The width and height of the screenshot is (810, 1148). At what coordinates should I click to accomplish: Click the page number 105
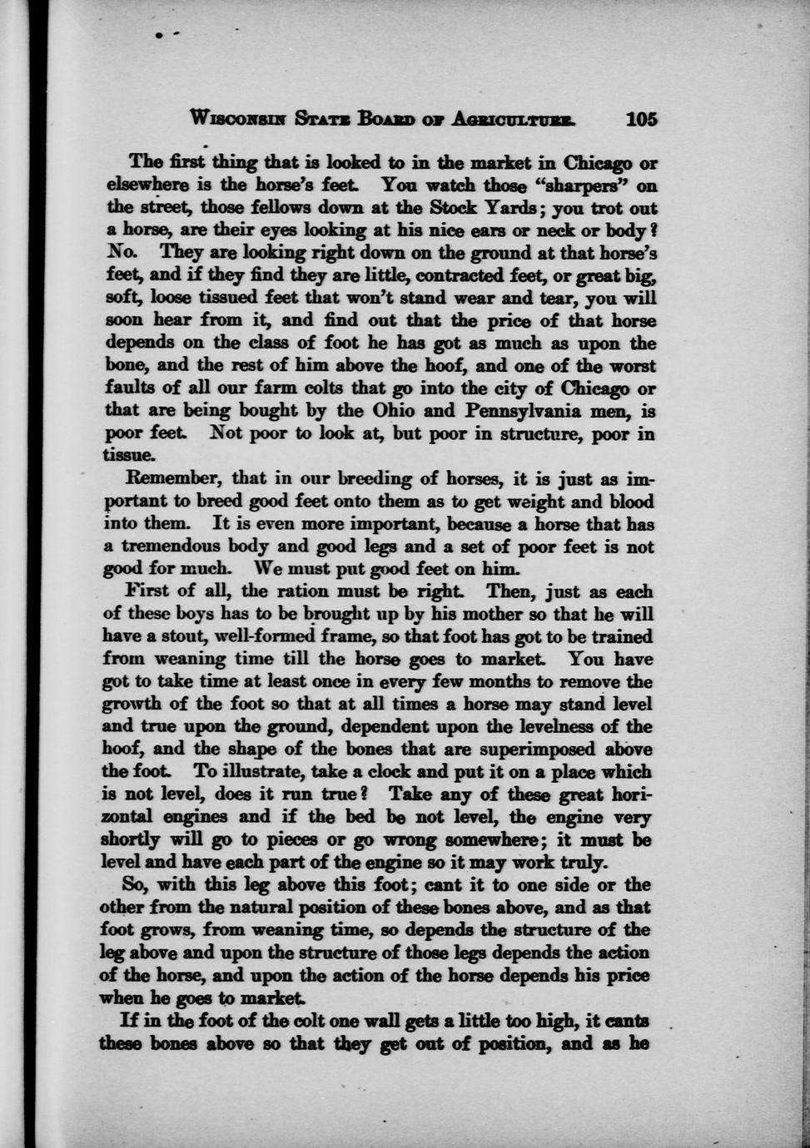coord(641,118)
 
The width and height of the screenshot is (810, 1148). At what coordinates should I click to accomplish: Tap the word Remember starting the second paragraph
coord(173,479)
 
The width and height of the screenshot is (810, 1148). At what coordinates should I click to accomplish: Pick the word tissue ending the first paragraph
coord(129,456)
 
